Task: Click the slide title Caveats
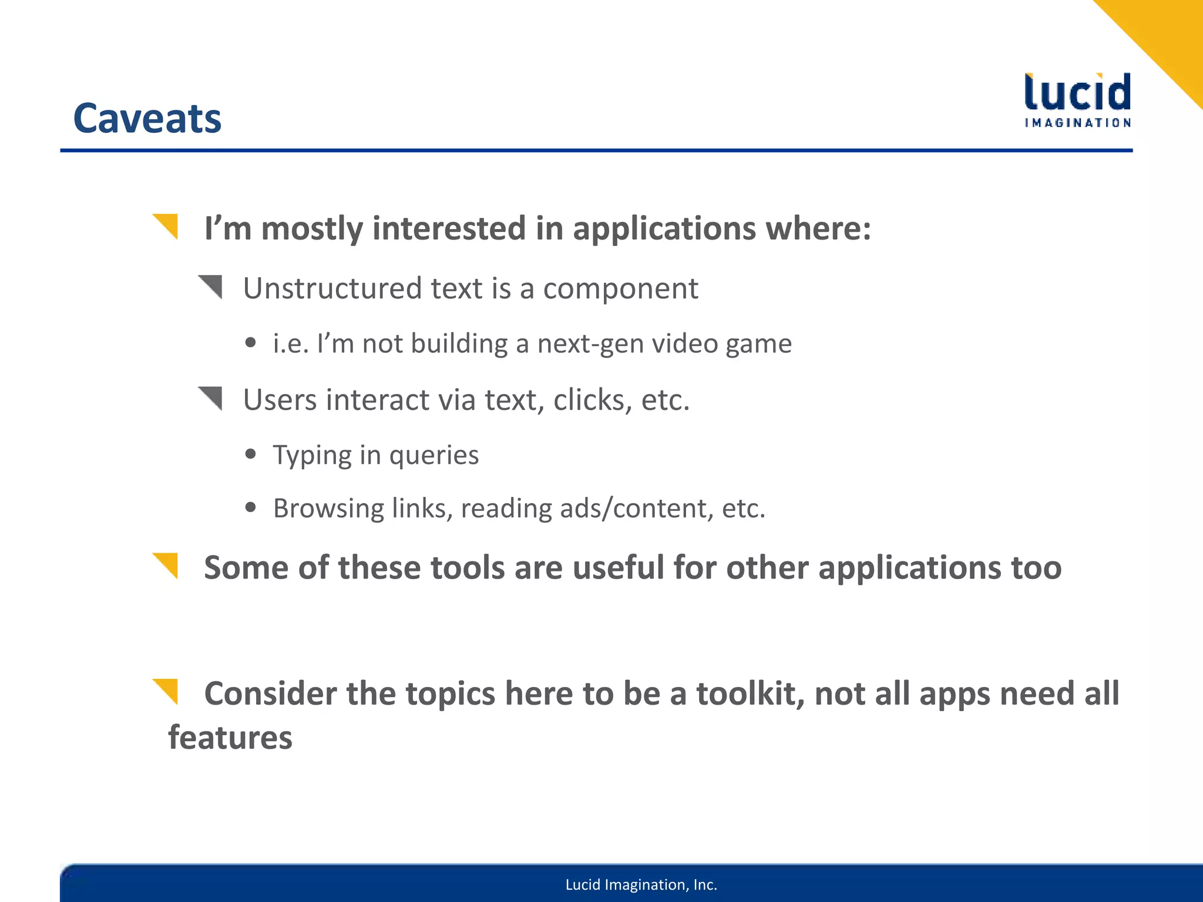pos(147,119)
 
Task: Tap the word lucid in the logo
pos(1077,93)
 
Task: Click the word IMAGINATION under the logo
pos(1077,123)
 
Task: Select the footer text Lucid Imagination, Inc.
pos(641,884)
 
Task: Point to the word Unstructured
pos(332,288)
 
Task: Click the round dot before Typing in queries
pos(251,454)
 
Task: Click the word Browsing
pos(328,509)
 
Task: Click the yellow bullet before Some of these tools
pos(166,565)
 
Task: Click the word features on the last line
pos(230,738)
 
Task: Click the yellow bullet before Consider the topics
pos(166,691)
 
